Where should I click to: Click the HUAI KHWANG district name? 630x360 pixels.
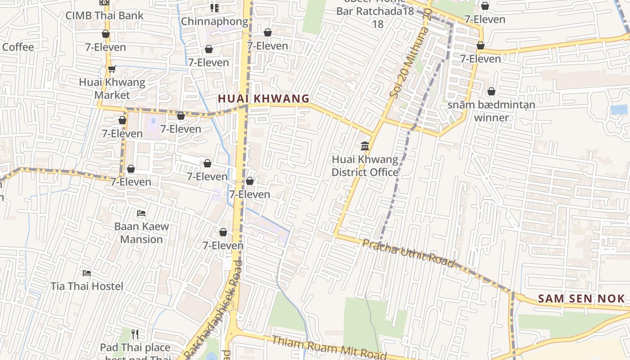264,99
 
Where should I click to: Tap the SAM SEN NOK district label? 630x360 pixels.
581,298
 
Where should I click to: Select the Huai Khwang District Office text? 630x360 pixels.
365,166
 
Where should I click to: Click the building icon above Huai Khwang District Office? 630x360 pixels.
365,146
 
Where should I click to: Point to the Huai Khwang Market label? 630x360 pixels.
112,89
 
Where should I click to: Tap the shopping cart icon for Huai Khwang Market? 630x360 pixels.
112,69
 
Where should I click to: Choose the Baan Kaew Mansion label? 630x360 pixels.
141,233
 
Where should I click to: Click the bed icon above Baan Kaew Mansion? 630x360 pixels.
141,213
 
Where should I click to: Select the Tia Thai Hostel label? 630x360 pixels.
87,286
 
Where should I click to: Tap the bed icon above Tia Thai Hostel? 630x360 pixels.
87,273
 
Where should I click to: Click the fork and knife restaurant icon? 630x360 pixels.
135,334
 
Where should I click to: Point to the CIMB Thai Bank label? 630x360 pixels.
104,15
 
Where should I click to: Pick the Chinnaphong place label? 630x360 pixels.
215,21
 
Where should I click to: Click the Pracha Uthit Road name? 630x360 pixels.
408,253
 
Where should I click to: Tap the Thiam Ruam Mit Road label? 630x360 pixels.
328,347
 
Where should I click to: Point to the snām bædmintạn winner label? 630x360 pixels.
491,111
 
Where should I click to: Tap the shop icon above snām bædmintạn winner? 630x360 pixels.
491,91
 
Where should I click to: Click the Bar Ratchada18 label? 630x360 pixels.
375,11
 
